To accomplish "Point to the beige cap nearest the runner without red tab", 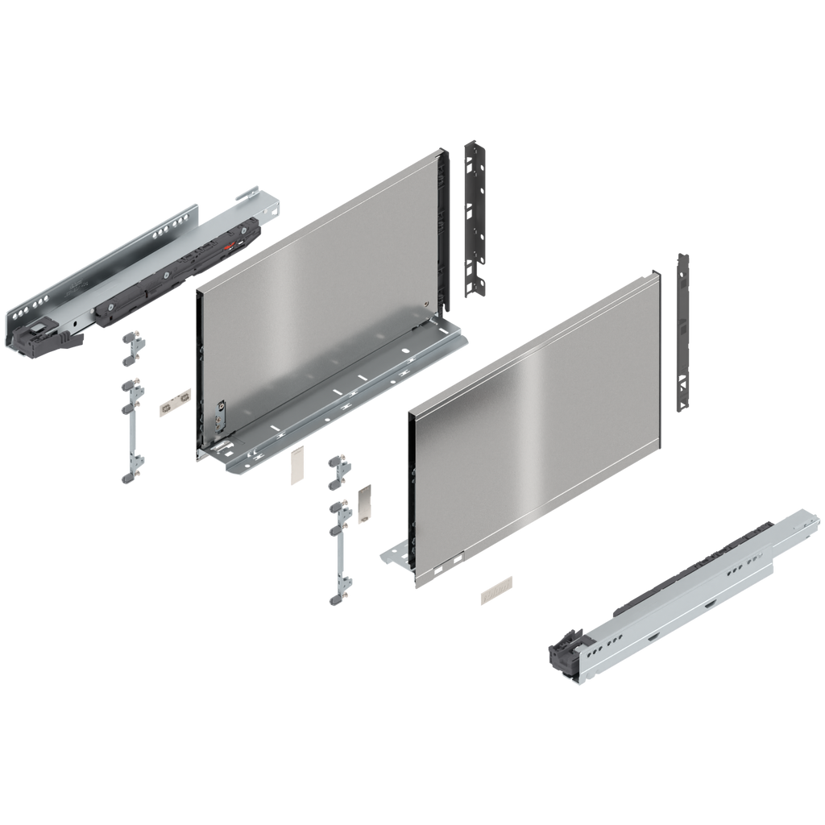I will pyautogui.click(x=495, y=591).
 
